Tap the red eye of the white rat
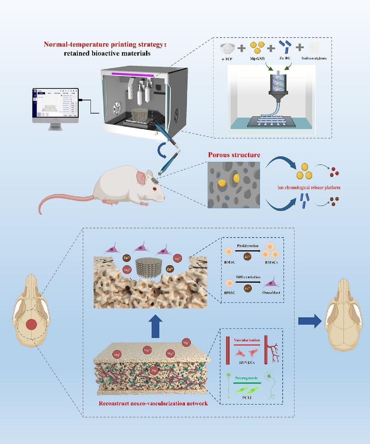point(154,189)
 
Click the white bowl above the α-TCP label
point(227,48)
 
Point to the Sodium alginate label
point(314,58)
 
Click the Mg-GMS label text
point(257,59)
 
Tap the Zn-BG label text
point(285,58)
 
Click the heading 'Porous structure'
point(234,155)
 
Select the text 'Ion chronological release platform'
point(309,188)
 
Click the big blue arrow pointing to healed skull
point(309,321)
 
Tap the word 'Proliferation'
point(248,246)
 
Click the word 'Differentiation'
point(248,277)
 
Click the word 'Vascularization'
point(247,340)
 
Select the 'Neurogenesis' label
point(246,378)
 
